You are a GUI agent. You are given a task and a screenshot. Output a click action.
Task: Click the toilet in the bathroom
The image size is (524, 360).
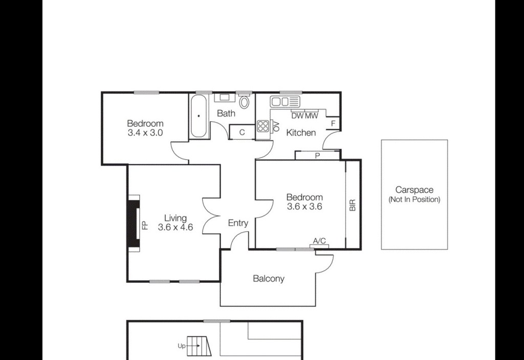pos(245,101)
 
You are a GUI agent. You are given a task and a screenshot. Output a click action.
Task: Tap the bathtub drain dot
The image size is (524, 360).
pos(199,116)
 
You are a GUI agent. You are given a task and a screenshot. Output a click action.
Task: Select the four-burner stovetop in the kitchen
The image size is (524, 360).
pos(263,127)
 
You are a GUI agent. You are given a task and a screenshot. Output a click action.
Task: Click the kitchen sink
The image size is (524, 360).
pos(285,101)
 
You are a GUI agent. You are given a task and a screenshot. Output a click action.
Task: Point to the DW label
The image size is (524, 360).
pos(297,116)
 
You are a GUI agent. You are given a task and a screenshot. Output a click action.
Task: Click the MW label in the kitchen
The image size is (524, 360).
pos(312,116)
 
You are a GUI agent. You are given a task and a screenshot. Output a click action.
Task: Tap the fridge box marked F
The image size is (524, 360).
pos(333,123)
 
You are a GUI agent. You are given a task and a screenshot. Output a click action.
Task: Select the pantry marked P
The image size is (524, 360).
pos(317,155)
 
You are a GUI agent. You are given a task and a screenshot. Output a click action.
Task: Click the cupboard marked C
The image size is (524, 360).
pos(242,132)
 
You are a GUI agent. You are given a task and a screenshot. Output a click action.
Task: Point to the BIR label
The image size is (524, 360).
pos(353,205)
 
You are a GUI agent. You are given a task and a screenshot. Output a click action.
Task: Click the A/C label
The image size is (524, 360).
pos(319,241)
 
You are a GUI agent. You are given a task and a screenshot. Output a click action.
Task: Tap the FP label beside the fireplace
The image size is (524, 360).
pos(144,226)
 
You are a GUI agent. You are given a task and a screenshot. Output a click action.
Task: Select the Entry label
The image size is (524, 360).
pos(238,223)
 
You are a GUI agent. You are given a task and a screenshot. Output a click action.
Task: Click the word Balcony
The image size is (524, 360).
pos(269,279)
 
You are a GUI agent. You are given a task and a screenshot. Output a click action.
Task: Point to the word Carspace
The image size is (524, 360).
pos(414,190)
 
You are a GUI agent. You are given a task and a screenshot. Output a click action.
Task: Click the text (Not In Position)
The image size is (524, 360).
pos(414,200)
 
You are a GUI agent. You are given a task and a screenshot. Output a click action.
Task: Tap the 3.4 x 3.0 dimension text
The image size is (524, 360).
pos(145,132)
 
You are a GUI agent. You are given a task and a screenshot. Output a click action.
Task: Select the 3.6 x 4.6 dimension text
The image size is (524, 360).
pos(176,227)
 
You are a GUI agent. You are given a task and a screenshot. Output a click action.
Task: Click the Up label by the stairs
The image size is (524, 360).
pos(182,346)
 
